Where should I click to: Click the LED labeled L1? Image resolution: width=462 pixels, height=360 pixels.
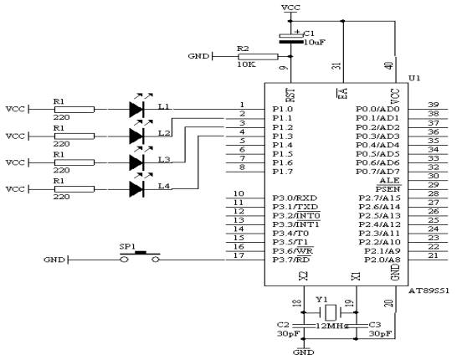(x=137, y=108)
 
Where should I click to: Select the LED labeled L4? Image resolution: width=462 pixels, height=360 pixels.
(x=137, y=188)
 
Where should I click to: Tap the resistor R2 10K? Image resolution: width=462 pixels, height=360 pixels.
(x=254, y=56)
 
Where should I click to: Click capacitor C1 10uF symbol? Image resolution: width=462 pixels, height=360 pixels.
(x=291, y=38)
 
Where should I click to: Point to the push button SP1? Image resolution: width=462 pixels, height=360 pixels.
(x=141, y=256)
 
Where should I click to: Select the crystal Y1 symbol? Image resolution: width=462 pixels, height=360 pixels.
(x=321, y=310)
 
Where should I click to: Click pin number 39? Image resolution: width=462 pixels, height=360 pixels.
(x=433, y=104)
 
